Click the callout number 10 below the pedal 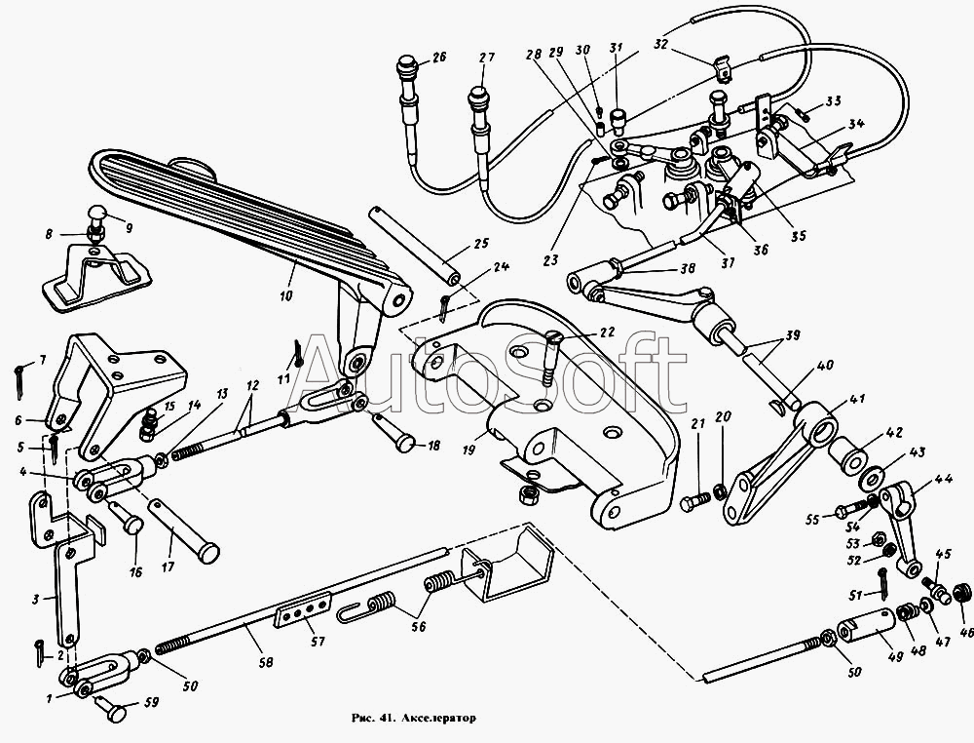285,296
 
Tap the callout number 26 439,59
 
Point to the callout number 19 469,450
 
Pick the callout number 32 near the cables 660,44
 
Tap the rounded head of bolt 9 97,215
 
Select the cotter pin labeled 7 18,380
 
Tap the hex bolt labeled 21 695,502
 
